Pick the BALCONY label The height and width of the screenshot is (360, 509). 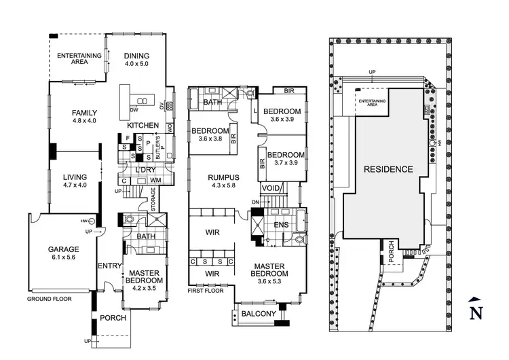(x=259, y=313)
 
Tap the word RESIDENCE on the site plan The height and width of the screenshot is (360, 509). (x=388, y=169)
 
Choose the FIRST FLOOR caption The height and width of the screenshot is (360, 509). (x=206, y=291)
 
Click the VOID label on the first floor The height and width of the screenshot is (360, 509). (x=270, y=188)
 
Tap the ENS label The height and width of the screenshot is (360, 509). (x=281, y=225)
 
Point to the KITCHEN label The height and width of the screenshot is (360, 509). (x=142, y=126)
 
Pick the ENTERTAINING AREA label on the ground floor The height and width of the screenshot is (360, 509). (x=79, y=58)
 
